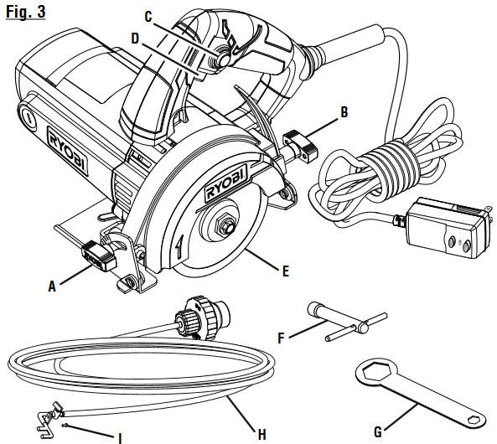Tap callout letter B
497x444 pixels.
coord(344,110)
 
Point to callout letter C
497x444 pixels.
coord(148,16)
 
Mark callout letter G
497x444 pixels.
coord(378,432)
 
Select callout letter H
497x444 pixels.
coord(262,434)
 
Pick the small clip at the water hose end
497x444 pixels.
coord(52,414)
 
